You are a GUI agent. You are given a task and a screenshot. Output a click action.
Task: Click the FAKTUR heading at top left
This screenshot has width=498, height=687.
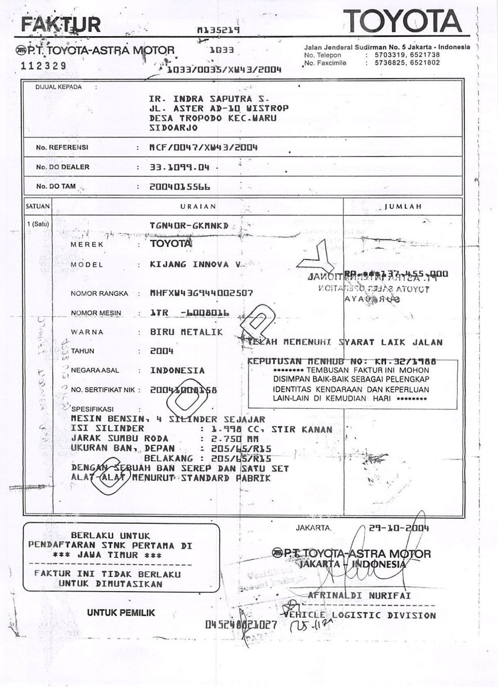click(x=61, y=25)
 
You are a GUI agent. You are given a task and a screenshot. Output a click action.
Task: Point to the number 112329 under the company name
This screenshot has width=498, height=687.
click(x=43, y=66)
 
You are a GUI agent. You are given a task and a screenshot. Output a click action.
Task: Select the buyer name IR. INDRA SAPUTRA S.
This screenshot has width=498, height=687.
click(x=209, y=99)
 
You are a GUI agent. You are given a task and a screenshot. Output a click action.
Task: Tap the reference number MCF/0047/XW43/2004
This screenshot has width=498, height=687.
click(x=203, y=147)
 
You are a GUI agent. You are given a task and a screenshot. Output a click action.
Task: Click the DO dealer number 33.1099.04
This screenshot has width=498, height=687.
click(x=179, y=168)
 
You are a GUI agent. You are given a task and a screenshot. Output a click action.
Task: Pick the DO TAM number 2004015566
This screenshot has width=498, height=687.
click(x=180, y=187)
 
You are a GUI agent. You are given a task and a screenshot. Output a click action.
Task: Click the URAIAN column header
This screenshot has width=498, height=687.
click(x=198, y=206)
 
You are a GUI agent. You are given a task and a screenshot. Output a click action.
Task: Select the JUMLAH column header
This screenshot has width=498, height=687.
click(x=403, y=206)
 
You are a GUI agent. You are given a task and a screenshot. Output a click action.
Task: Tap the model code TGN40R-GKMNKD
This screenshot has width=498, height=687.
click(x=189, y=226)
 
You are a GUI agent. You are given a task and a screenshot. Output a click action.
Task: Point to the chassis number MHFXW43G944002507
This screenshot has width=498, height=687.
click(x=201, y=293)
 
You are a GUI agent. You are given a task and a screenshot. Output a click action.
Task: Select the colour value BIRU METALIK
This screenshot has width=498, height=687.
click(x=186, y=332)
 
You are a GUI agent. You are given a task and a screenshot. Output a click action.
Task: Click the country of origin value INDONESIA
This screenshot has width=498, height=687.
click(x=177, y=371)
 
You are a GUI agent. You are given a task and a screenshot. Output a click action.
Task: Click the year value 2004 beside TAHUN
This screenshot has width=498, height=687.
click(x=161, y=351)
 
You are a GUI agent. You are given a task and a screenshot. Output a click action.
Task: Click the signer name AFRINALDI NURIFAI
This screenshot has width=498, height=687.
click(x=359, y=596)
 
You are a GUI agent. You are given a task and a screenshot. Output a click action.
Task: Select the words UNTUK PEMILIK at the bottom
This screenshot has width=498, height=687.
click(x=121, y=613)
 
